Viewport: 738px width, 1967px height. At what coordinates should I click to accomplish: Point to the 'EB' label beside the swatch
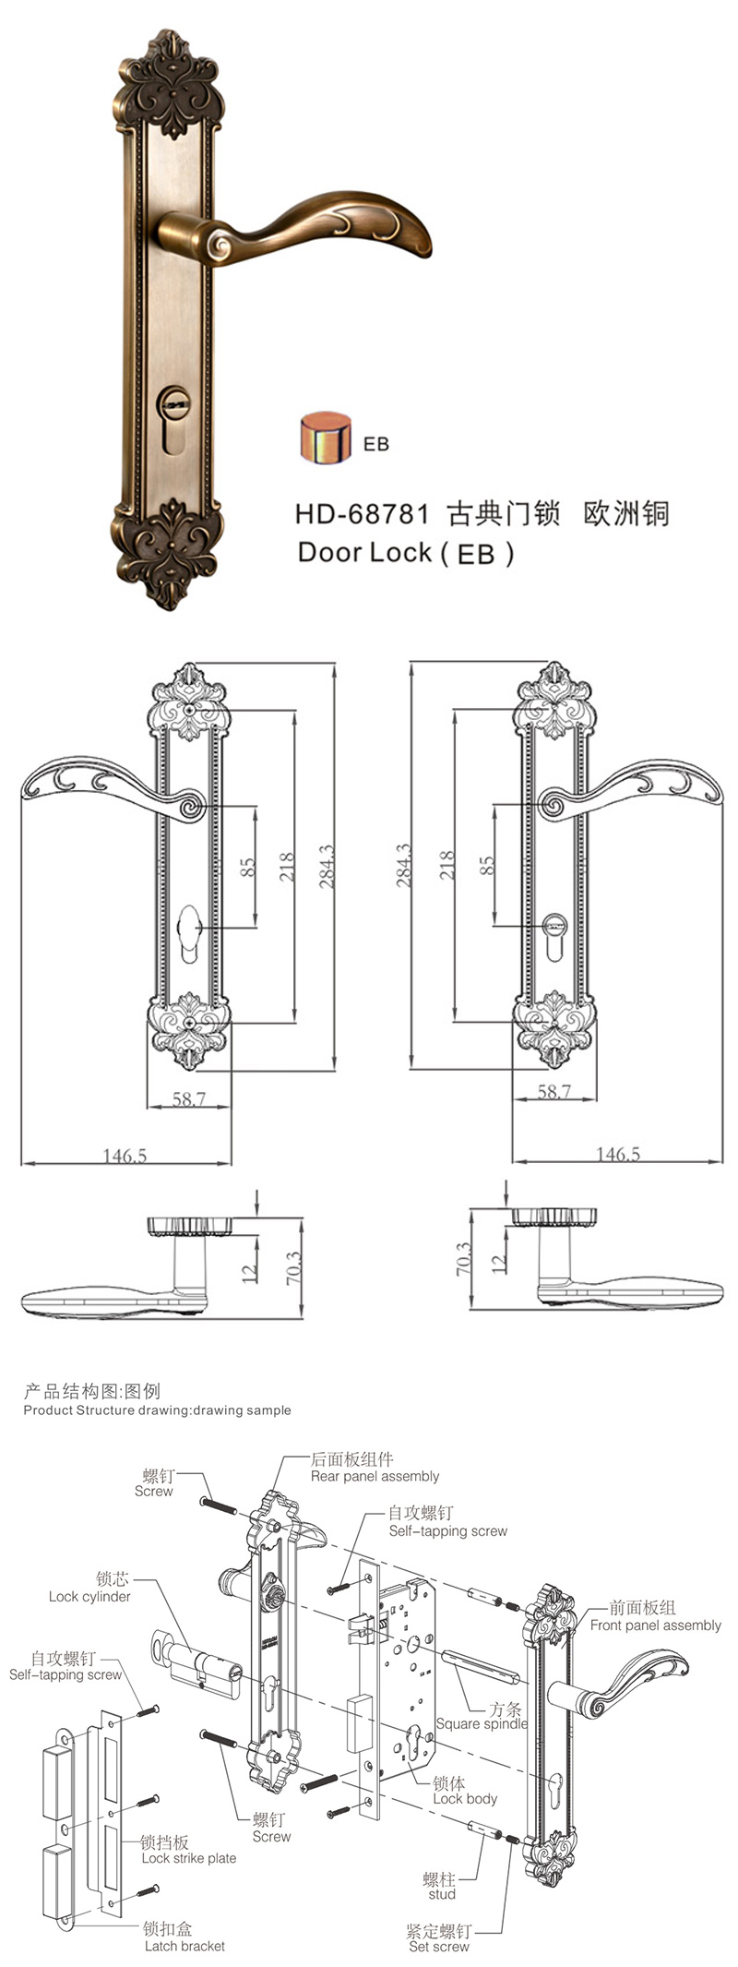click(x=376, y=444)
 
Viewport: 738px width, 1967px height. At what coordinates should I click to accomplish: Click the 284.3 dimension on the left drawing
click(x=327, y=867)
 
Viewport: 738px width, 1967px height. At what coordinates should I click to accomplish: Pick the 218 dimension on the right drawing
click(x=446, y=865)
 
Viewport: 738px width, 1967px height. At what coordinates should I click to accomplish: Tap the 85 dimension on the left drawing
click(x=247, y=868)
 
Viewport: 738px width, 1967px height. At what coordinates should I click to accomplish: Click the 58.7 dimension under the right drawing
click(x=554, y=1091)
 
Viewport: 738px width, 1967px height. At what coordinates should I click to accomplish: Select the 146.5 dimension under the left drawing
click(x=125, y=1155)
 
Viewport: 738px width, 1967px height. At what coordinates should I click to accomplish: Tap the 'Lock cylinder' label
click(x=89, y=1596)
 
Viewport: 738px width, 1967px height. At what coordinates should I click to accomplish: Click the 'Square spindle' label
click(x=482, y=1723)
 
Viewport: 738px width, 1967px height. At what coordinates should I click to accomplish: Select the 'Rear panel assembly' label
click(x=375, y=1476)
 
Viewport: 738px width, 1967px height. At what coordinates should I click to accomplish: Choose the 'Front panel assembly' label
click(x=656, y=1625)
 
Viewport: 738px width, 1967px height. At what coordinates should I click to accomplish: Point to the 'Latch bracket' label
click(x=184, y=1946)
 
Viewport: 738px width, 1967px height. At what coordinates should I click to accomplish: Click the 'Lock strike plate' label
click(x=189, y=1858)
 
